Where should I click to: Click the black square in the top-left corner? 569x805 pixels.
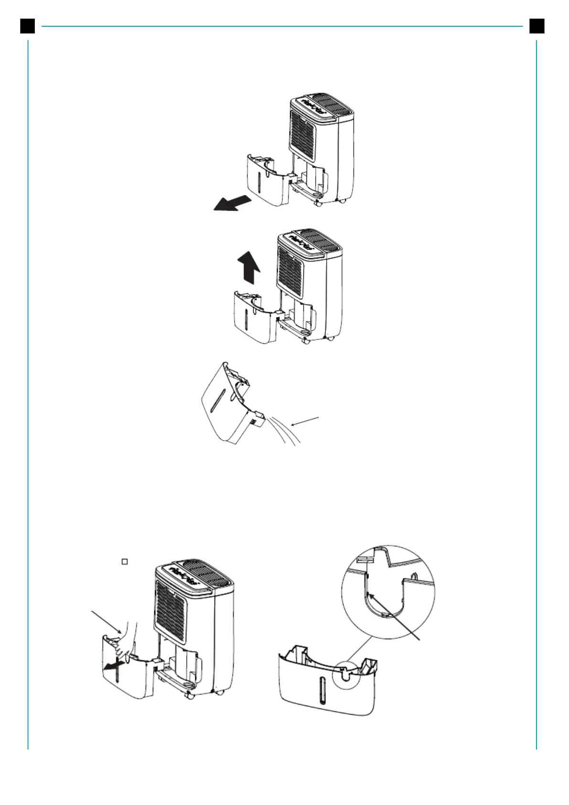click(x=27, y=26)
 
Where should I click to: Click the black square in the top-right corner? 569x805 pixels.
click(x=537, y=26)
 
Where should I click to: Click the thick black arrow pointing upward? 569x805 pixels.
click(x=249, y=269)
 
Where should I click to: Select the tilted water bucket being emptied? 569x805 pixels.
click(x=229, y=404)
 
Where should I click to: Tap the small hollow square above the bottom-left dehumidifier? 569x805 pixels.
click(x=124, y=562)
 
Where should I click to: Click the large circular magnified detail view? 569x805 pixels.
click(x=388, y=592)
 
